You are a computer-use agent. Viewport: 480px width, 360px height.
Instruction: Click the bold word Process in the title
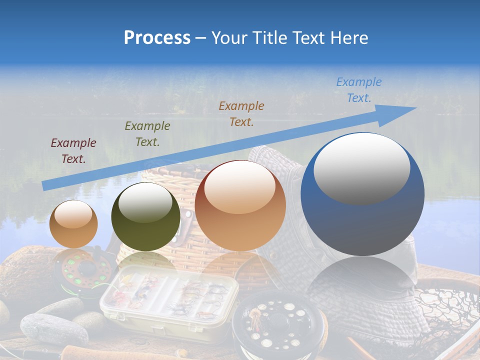point(157,38)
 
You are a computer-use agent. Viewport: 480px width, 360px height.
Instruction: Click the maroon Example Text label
point(73,150)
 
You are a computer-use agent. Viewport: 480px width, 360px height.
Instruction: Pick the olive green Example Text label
point(147,133)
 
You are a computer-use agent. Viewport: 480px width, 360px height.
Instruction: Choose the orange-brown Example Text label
point(241,113)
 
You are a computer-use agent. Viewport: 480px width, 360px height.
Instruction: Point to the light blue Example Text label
point(358,89)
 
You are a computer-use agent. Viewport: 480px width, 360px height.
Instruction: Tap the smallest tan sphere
point(73,224)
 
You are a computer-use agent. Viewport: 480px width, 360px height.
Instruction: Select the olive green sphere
point(145,217)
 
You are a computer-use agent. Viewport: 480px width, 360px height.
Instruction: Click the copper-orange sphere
point(240,206)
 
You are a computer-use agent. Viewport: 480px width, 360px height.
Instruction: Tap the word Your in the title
point(230,38)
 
